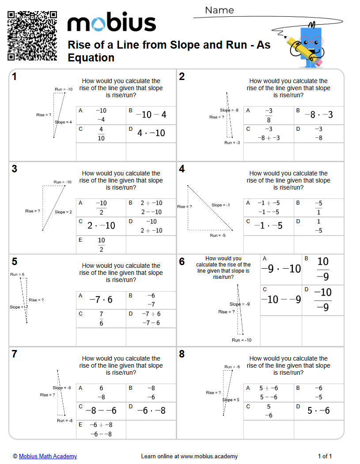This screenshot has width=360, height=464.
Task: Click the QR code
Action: click(x=32, y=36)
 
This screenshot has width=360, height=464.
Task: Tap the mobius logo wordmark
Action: click(x=111, y=23)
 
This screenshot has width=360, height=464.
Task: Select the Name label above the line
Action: click(x=220, y=10)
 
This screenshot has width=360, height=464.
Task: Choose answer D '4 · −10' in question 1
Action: click(x=151, y=133)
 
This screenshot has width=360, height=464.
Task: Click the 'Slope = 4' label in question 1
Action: click(x=63, y=122)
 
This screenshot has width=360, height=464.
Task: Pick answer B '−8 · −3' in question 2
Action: click(x=318, y=115)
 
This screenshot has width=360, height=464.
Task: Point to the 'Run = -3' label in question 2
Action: click(x=232, y=143)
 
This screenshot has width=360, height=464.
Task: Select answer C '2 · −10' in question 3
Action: click(x=101, y=225)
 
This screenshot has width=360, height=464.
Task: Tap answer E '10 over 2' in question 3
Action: click(x=101, y=244)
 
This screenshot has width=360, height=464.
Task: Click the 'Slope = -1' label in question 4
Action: click(x=220, y=205)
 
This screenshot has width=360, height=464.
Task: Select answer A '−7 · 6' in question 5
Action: click(x=101, y=300)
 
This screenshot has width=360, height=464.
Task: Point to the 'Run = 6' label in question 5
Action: click(x=17, y=274)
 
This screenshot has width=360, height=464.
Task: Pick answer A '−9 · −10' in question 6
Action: click(x=281, y=269)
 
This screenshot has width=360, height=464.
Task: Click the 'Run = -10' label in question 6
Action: click(x=242, y=340)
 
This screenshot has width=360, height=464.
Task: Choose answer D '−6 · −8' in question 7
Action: click(x=151, y=411)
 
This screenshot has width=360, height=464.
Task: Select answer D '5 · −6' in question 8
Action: click(x=318, y=411)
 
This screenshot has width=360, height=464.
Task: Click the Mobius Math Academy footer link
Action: click(x=48, y=456)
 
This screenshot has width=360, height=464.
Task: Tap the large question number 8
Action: click(x=182, y=354)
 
